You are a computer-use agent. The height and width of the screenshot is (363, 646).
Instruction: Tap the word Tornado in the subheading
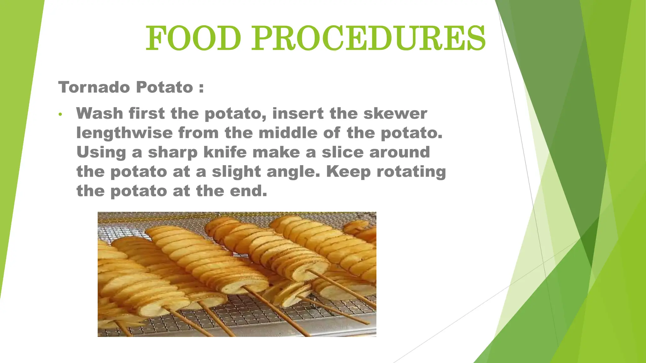click(x=94, y=87)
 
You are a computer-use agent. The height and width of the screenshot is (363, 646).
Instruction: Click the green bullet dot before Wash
click(x=60, y=114)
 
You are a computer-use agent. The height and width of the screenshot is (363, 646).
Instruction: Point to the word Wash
click(x=99, y=113)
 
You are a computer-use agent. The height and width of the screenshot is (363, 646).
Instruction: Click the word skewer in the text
click(x=395, y=113)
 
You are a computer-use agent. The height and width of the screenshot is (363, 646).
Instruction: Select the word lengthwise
click(x=125, y=133)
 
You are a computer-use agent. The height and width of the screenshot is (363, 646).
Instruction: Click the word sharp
click(x=173, y=153)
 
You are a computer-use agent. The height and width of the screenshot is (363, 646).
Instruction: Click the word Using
click(x=101, y=153)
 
